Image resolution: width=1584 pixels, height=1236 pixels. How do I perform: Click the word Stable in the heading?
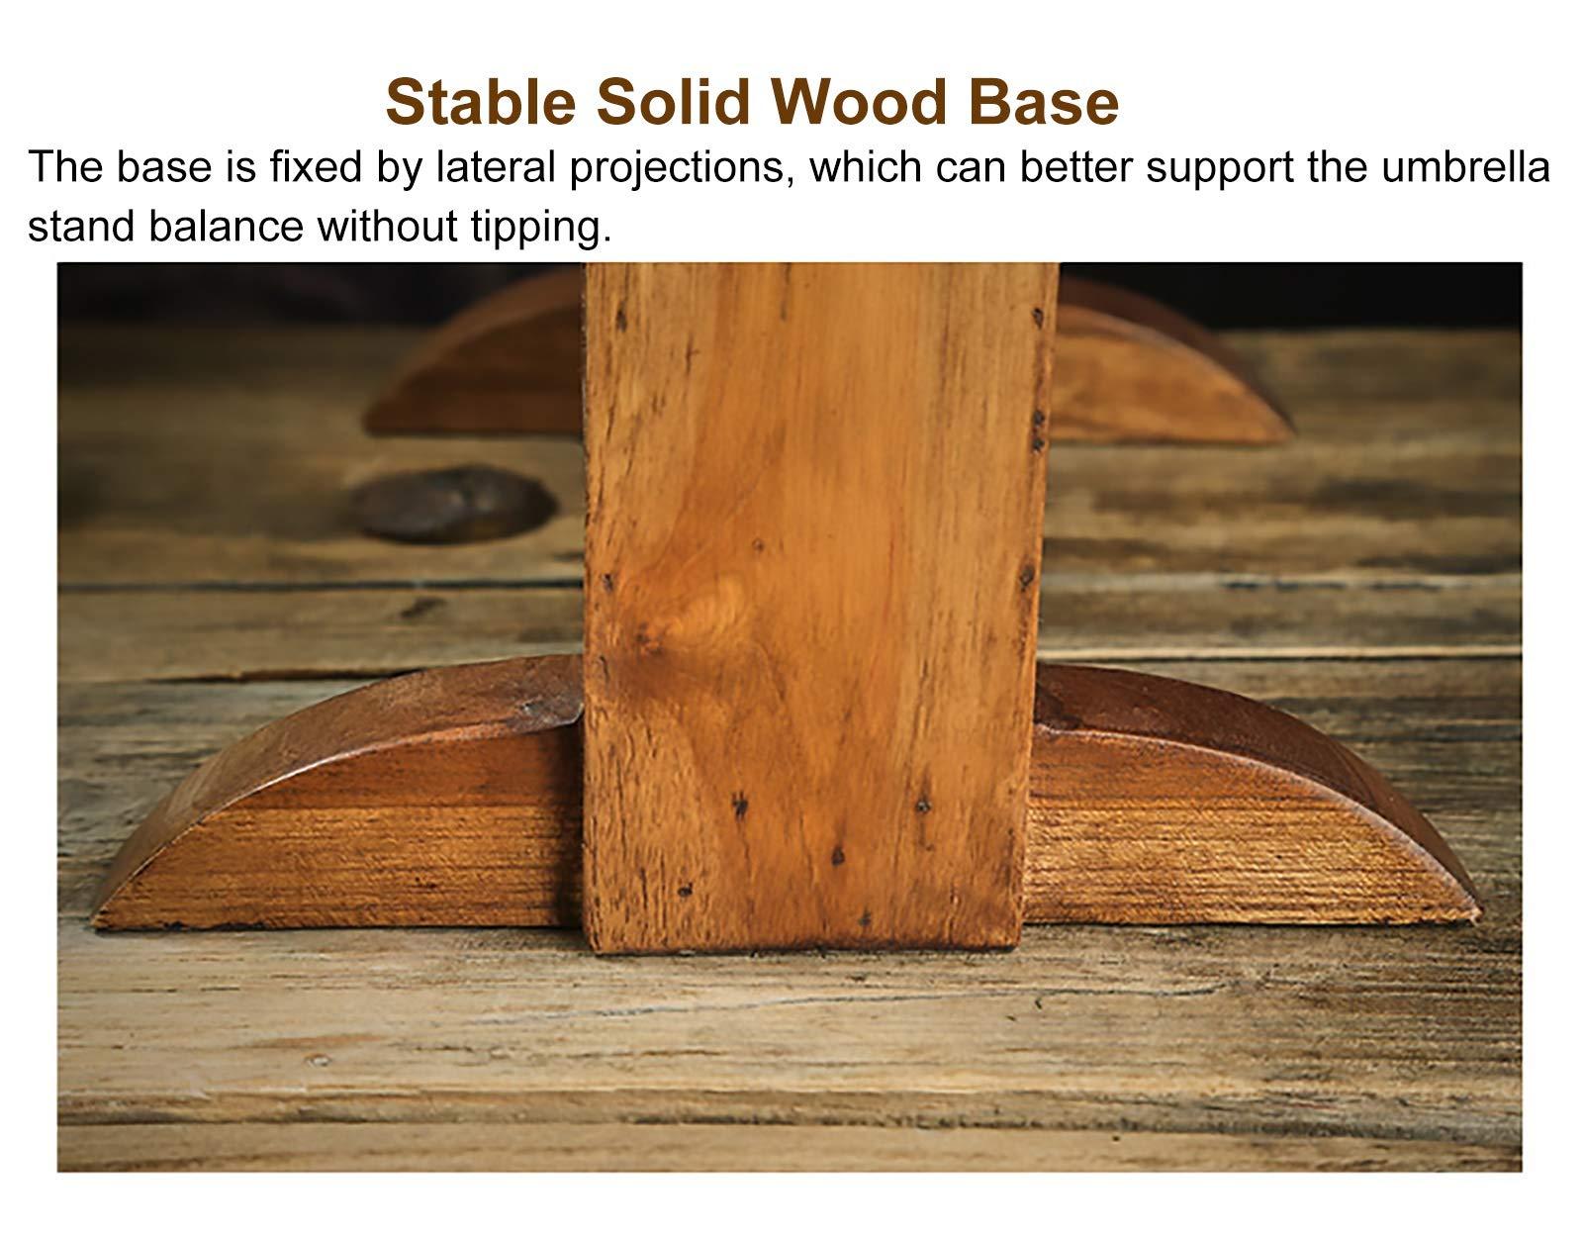[x=481, y=102]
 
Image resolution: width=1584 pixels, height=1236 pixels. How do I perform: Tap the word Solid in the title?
[x=674, y=102]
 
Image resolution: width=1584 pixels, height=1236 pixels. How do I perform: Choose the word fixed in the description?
[x=316, y=167]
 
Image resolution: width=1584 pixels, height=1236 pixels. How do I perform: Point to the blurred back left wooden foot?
[x=475, y=357]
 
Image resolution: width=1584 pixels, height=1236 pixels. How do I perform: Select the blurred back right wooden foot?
[x=1166, y=364]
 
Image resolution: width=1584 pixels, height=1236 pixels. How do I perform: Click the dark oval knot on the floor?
[x=453, y=505]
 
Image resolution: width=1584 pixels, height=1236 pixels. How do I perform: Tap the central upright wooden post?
[x=820, y=605]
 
